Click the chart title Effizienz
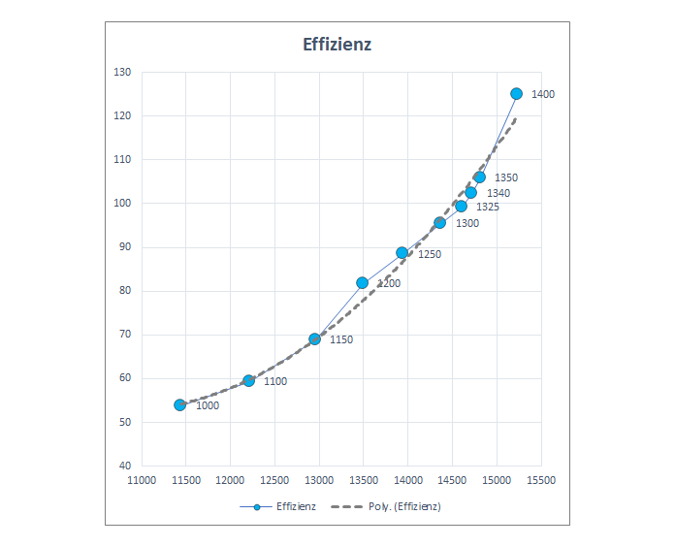(337, 44)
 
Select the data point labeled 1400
(516, 94)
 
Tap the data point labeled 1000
(179, 404)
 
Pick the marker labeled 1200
(363, 283)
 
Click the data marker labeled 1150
(314, 339)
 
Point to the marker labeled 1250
(402, 253)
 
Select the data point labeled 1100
(248, 381)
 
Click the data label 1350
(506, 178)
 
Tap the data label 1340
(498, 194)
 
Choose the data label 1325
(488, 208)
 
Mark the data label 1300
(467, 224)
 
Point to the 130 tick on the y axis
(122, 73)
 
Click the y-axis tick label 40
(125, 467)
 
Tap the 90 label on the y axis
(125, 247)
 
